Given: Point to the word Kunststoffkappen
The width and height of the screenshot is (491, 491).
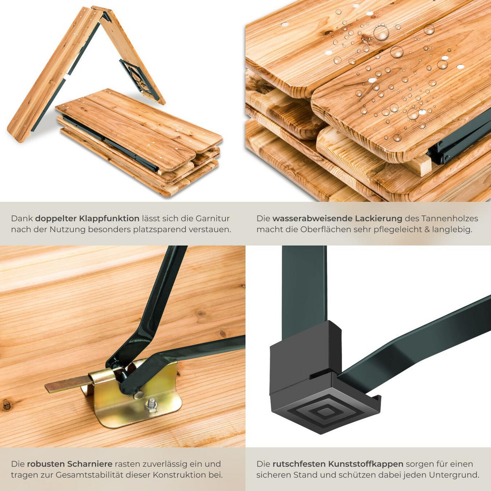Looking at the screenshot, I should click(365, 464).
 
